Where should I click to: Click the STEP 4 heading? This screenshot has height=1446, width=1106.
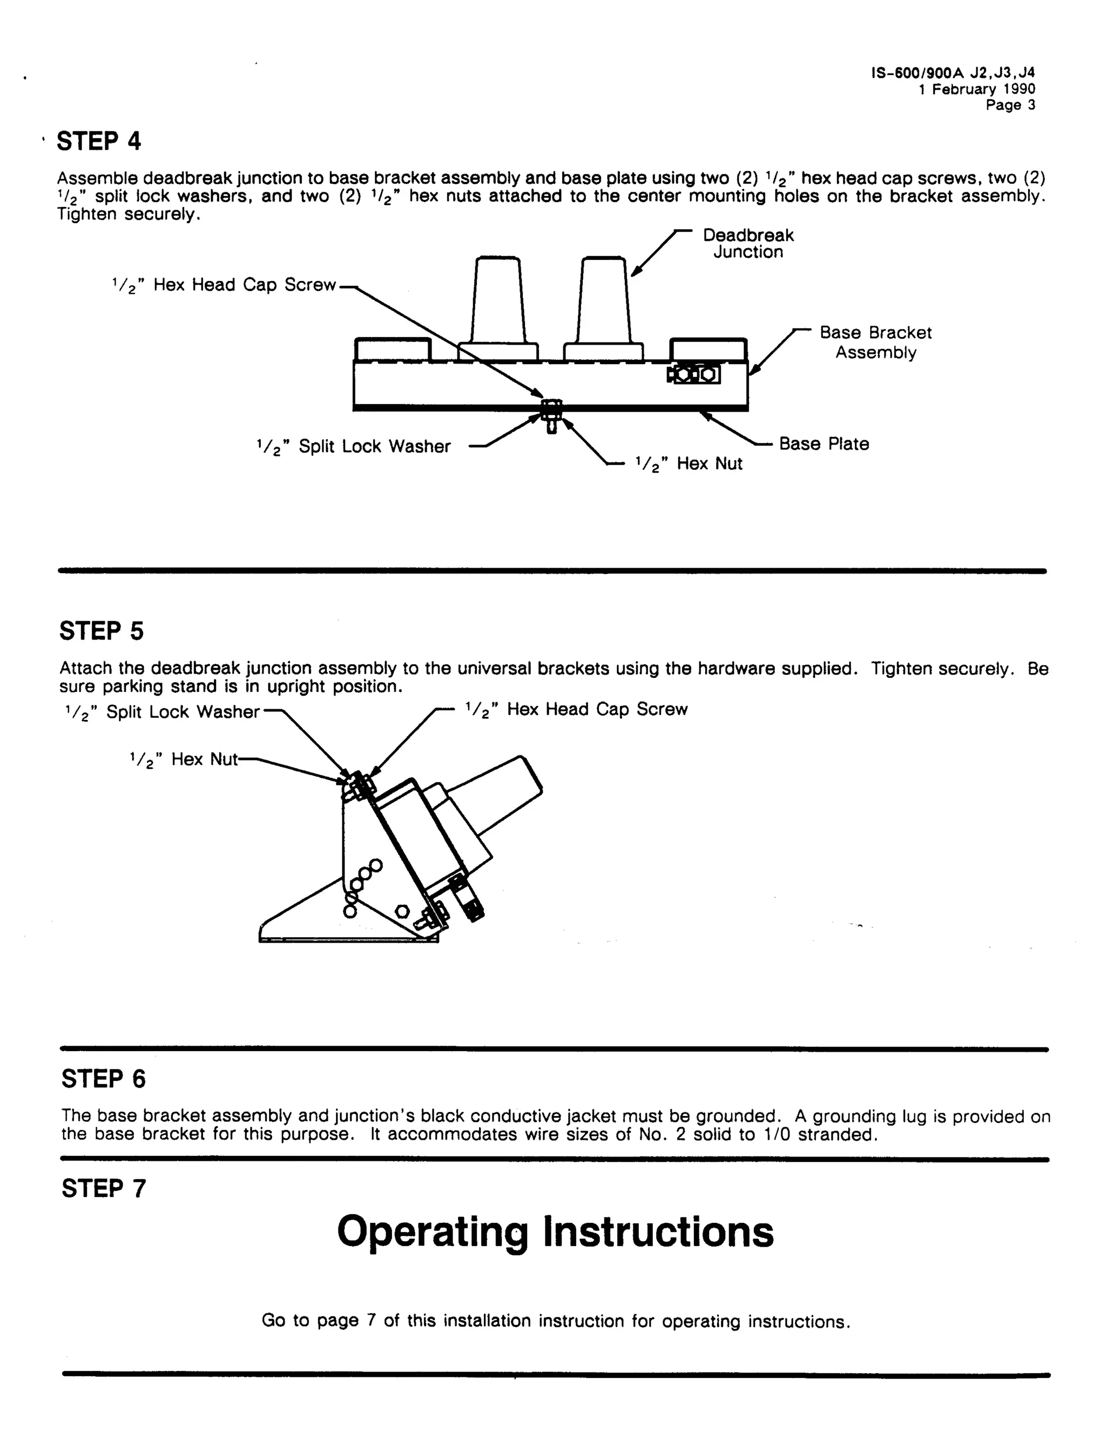(x=99, y=142)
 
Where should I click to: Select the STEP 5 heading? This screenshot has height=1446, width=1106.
(x=102, y=631)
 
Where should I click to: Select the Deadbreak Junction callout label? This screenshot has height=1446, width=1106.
(x=748, y=244)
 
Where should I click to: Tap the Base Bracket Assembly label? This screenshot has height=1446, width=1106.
(x=875, y=342)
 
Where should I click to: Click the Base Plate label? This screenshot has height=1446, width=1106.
(x=824, y=444)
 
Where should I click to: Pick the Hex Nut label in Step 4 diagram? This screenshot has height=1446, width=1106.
(x=689, y=464)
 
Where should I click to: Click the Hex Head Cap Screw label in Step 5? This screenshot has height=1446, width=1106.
(x=576, y=710)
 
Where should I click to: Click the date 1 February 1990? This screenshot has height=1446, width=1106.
(x=976, y=90)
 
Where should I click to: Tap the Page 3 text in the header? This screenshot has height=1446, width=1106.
(x=1010, y=105)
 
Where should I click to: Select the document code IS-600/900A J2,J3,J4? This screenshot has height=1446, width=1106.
(x=953, y=73)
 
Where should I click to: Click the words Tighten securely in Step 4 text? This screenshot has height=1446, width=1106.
(x=127, y=214)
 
